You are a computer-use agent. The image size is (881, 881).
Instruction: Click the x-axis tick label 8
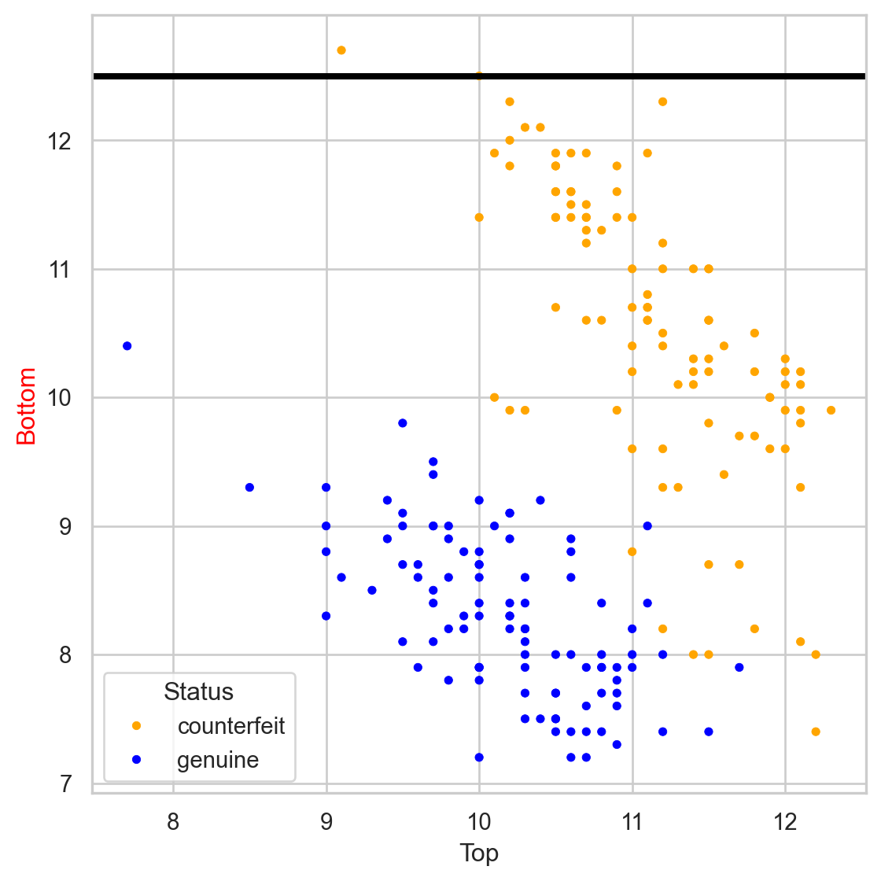click(x=173, y=822)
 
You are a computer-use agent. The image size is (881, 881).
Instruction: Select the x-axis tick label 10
click(x=479, y=822)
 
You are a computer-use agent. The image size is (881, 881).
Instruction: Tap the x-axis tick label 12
click(x=785, y=822)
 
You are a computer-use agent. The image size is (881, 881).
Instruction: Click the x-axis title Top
click(x=479, y=853)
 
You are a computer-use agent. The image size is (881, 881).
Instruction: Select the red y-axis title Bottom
click(x=27, y=406)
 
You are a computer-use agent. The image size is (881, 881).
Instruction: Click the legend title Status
click(x=198, y=692)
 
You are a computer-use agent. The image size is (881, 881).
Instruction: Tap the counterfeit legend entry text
click(x=231, y=726)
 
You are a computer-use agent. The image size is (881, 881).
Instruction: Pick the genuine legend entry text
click(x=218, y=761)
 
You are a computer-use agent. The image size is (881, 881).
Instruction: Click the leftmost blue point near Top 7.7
click(x=127, y=346)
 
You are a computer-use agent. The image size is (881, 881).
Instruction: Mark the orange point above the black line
click(x=341, y=50)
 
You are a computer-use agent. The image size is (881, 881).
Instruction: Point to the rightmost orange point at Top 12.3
click(x=831, y=410)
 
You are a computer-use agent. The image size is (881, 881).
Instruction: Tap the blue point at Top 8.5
click(x=249, y=488)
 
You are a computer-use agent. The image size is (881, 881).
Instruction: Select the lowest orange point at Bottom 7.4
click(x=816, y=732)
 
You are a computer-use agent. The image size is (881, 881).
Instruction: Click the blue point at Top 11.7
click(x=739, y=667)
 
